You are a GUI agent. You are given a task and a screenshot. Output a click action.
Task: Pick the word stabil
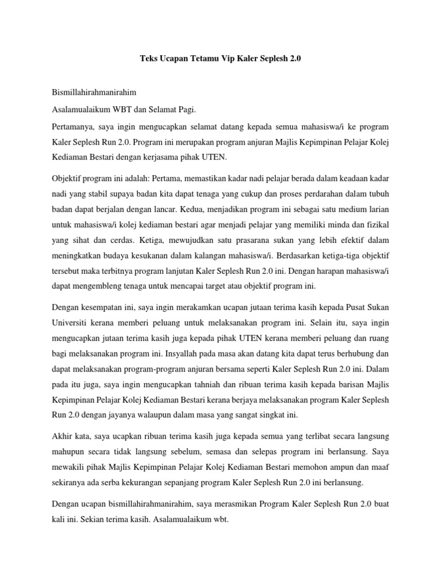pyautogui.click(x=122, y=194)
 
